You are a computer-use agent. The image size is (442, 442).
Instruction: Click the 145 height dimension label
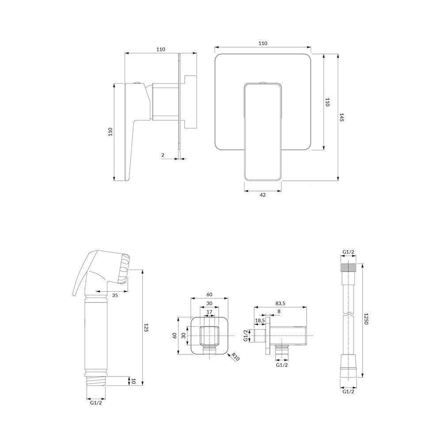341,117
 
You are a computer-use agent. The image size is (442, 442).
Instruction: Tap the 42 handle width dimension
263,195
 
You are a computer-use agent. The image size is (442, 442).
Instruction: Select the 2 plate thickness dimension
163,155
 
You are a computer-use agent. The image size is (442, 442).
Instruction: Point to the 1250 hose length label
366,319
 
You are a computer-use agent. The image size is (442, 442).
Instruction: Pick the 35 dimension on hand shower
115,295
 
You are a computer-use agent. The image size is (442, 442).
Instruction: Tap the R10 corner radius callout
236,357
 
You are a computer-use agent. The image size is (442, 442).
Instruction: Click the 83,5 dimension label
280,303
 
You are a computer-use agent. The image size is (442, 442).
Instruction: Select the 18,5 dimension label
259,320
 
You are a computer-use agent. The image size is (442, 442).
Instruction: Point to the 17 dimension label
209,312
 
